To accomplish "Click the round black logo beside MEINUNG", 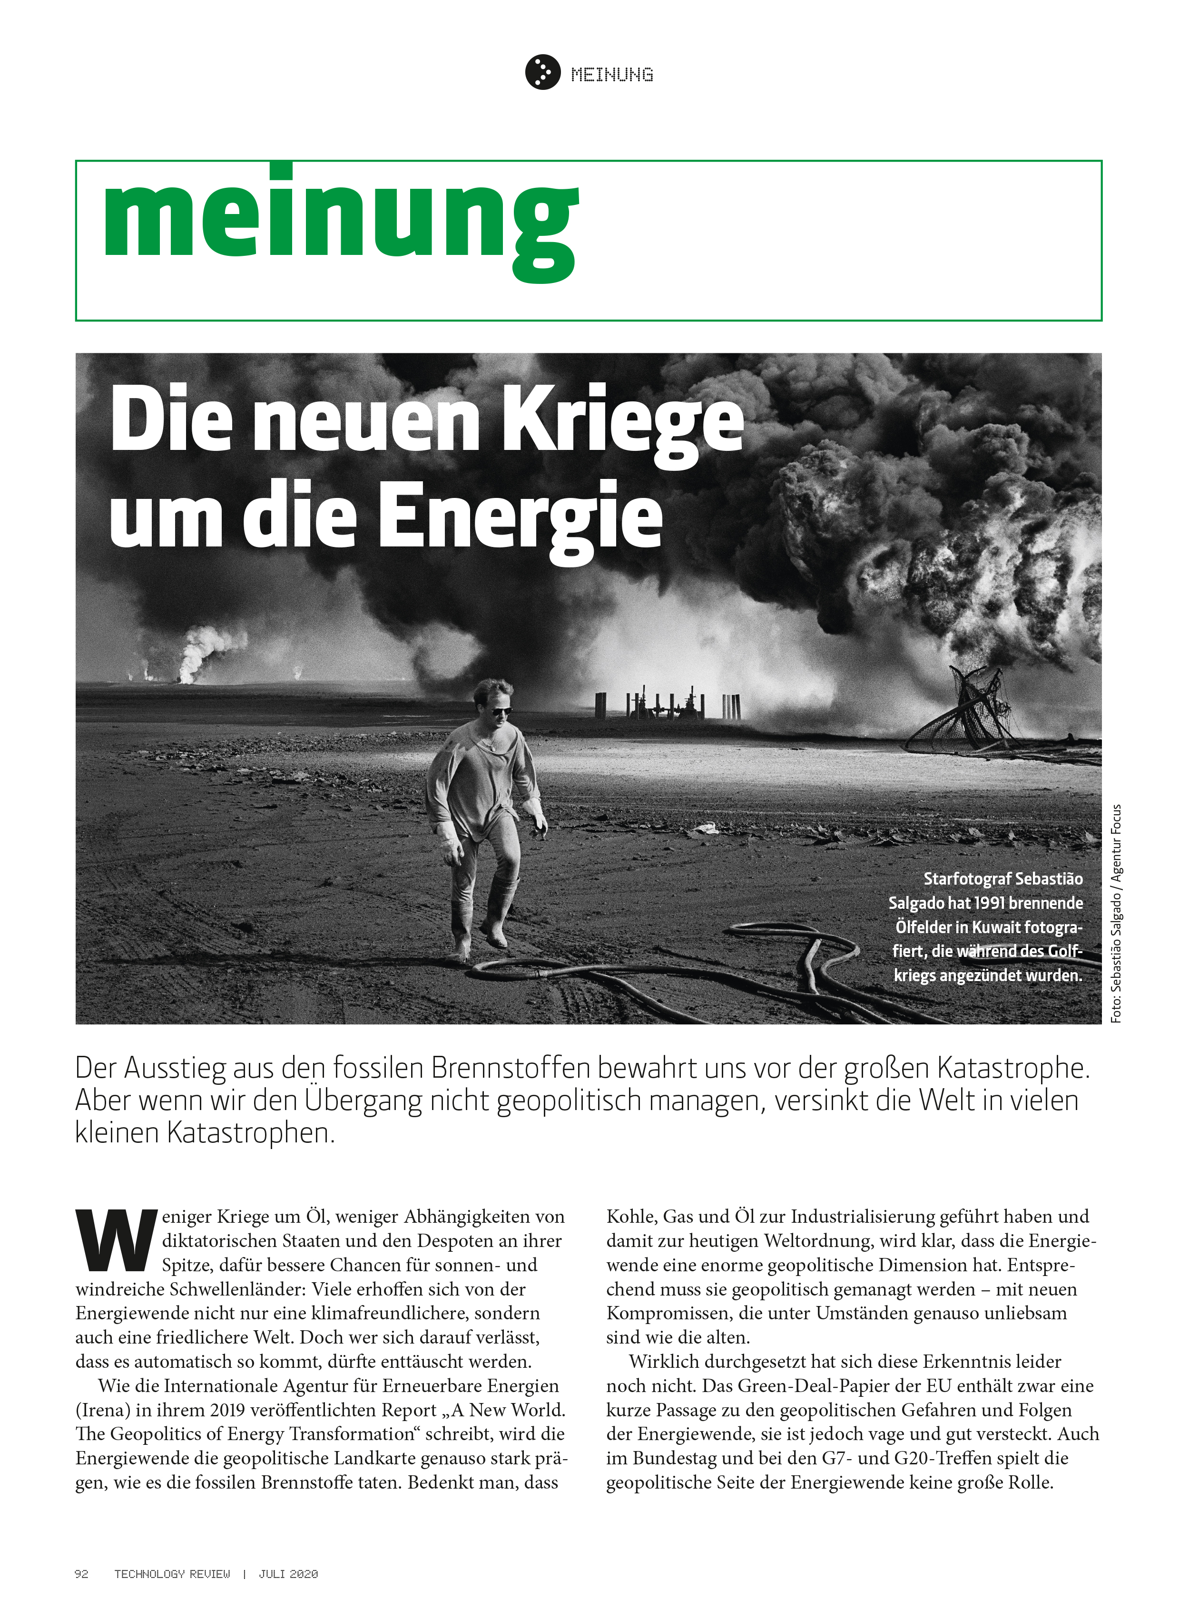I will [x=542, y=72].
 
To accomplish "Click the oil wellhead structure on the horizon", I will [x=668, y=704].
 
